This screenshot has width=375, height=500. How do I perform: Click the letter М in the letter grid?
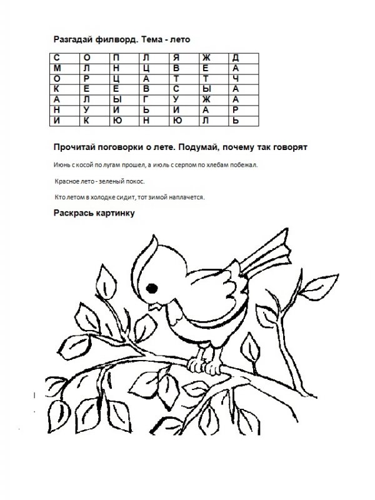pos(58,67)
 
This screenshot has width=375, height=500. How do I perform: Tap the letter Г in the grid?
pos(146,98)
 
